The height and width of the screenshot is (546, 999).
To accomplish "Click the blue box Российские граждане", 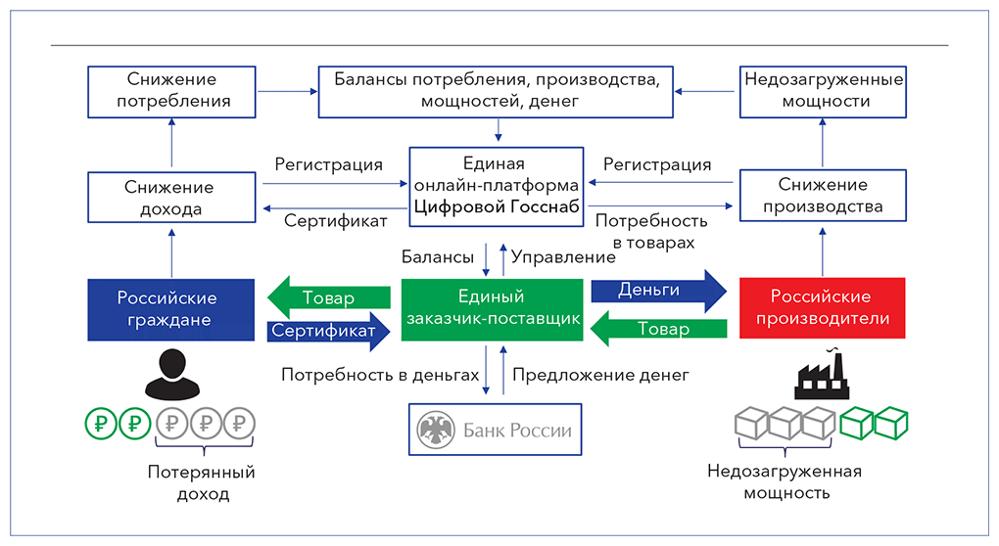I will (166, 308).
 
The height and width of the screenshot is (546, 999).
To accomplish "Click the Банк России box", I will (495, 430).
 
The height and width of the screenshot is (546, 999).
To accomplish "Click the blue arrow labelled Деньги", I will (656, 291).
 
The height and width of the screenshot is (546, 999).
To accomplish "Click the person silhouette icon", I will (168, 371).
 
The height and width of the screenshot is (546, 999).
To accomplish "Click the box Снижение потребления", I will (173, 91).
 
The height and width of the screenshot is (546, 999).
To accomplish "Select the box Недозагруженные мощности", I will (822, 91).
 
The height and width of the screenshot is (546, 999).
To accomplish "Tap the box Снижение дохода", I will (173, 198).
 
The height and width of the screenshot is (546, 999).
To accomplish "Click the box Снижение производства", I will (822, 196).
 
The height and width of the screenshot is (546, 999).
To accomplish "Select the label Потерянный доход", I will (202, 483).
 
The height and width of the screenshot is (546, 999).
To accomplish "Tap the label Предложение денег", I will (600, 374).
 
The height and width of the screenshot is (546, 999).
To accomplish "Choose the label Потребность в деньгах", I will (380, 374).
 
